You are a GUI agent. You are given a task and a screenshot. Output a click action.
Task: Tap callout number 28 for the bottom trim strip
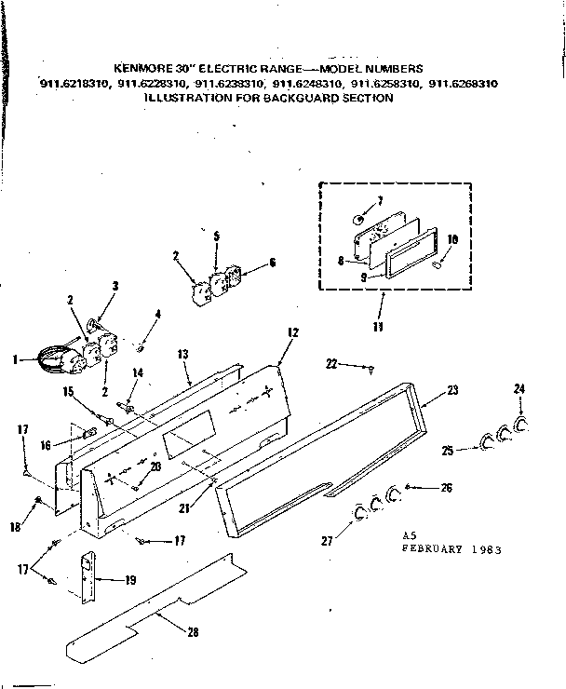193,633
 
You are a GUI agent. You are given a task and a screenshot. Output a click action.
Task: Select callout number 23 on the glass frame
452,390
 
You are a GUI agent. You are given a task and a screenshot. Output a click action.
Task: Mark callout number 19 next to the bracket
129,579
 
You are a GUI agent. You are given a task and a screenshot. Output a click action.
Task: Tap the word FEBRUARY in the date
436,549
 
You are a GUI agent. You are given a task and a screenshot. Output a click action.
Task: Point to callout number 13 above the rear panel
182,355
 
